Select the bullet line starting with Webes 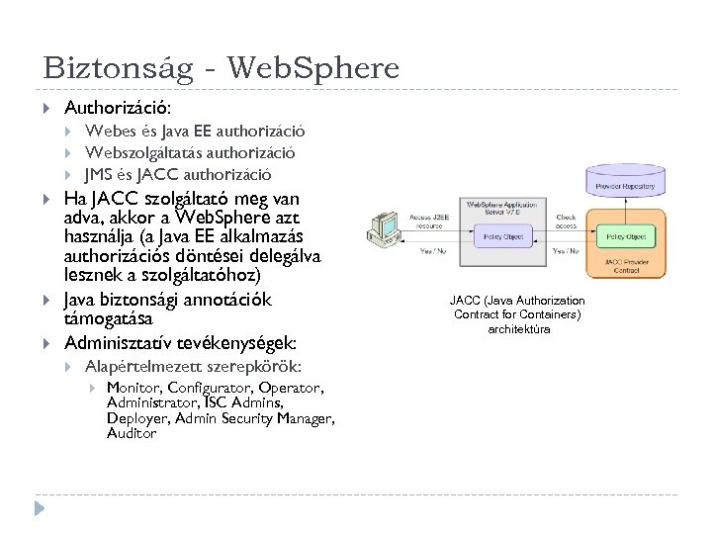coord(195,131)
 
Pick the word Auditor coord(133,433)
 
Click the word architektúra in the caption coord(518,328)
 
